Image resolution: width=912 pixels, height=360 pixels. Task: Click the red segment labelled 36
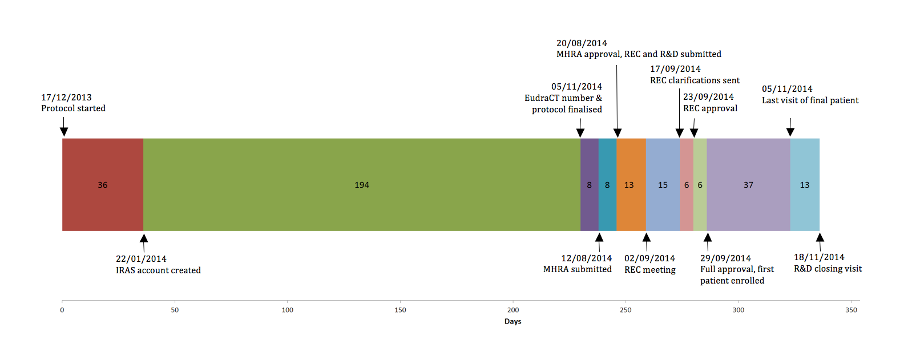pyautogui.click(x=103, y=185)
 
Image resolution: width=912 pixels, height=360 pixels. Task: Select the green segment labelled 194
pyautogui.click(x=362, y=185)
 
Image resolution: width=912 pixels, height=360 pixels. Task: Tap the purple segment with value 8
pyautogui.click(x=590, y=185)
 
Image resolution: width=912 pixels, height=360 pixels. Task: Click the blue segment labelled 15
pyautogui.click(x=663, y=185)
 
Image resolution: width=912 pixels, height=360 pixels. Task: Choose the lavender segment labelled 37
pyautogui.click(x=748, y=185)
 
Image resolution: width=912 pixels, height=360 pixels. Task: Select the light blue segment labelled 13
pyautogui.click(x=805, y=185)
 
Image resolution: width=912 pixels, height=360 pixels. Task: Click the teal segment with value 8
pyautogui.click(x=607, y=185)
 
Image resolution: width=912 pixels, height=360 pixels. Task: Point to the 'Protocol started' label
pyautogui.click(x=73, y=108)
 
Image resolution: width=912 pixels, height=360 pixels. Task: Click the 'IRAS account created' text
pyautogui.click(x=158, y=270)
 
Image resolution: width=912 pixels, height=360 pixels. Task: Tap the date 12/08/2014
pyautogui.click(x=586, y=258)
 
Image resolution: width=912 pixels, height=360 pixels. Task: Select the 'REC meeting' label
pyautogui.click(x=649, y=270)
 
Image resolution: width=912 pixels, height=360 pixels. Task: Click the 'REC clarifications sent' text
pyautogui.click(x=695, y=80)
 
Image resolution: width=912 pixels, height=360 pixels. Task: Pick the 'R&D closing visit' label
pyautogui.click(x=828, y=269)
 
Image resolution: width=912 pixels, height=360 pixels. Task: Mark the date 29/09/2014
pyautogui.click(x=725, y=258)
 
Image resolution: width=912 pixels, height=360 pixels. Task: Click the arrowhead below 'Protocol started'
pyautogui.click(x=64, y=132)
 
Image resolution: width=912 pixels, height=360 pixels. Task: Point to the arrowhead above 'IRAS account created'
pyautogui.click(x=144, y=238)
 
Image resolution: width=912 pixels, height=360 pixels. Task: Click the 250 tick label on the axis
pyautogui.click(x=626, y=310)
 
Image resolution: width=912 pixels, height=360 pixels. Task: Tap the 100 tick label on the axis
pyautogui.click(x=288, y=310)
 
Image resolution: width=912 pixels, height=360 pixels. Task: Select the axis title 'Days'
pyautogui.click(x=513, y=321)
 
